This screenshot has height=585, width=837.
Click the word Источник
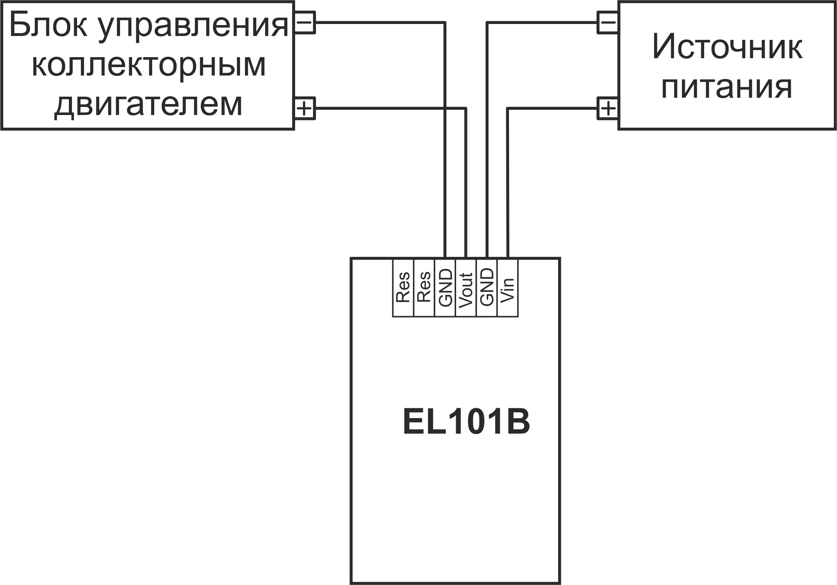pyautogui.click(x=727, y=47)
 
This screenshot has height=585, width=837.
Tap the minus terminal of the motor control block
pyautogui.click(x=305, y=23)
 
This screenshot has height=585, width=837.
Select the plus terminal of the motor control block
pyautogui.click(x=305, y=108)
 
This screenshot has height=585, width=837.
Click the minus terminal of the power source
pyautogui.click(x=608, y=23)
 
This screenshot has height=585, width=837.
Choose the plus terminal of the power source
pyautogui.click(x=608, y=108)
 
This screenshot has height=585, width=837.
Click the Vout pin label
pyautogui.click(x=466, y=290)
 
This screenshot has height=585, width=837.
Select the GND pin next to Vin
pyautogui.click(x=487, y=288)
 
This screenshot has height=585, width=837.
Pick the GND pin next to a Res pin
pyautogui.click(x=445, y=288)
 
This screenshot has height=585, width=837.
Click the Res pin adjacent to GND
pyautogui.click(x=424, y=288)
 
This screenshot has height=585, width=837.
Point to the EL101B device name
pyautogui.click(x=466, y=422)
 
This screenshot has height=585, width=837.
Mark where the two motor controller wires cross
pyautogui.click(x=445, y=108)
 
